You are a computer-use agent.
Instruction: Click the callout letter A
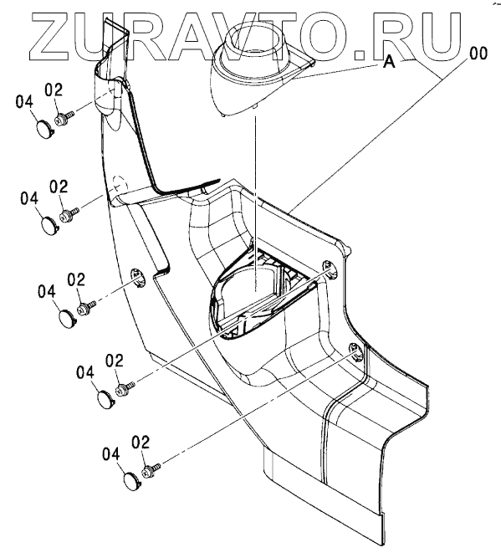(x=390, y=62)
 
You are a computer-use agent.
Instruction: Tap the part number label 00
(x=478, y=54)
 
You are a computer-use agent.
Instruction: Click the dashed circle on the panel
(x=119, y=182)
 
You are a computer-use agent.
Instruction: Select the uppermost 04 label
(x=24, y=103)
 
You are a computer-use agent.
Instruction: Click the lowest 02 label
(x=141, y=443)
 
